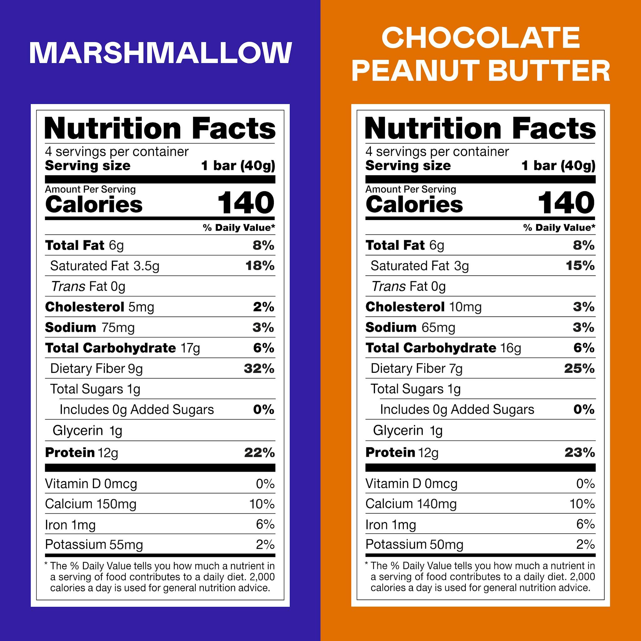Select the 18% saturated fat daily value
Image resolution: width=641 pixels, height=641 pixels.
click(260, 266)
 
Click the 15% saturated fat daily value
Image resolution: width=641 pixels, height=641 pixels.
click(580, 266)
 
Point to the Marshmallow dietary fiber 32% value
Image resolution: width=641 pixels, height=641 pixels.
click(259, 369)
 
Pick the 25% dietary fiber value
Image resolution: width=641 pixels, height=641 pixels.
click(580, 369)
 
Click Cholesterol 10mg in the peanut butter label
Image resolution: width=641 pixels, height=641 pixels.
click(423, 307)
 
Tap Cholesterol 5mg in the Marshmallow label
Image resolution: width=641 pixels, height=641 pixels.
click(100, 307)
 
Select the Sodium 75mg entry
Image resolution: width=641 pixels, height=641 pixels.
click(90, 327)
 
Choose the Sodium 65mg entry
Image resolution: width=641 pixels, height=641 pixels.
click(410, 327)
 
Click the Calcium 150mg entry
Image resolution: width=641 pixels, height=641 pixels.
click(90, 504)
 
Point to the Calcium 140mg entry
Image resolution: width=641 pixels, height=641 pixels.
click(411, 504)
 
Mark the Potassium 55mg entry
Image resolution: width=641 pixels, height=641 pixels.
click(94, 545)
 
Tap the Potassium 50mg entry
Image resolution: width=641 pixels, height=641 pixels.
click(414, 545)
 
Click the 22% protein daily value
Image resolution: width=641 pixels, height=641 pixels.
click(259, 453)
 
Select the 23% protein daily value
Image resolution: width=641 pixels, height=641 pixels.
click(580, 453)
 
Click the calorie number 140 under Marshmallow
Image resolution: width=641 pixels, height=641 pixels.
click(246, 203)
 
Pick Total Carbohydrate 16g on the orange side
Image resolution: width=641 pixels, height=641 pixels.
click(443, 348)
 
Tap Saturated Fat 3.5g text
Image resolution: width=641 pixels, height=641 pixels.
click(105, 266)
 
